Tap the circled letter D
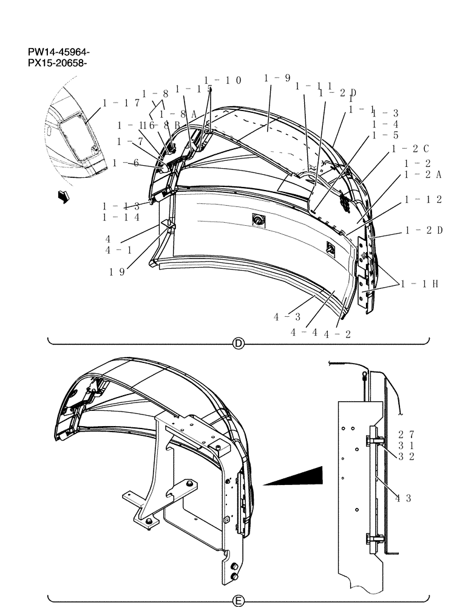click(x=239, y=344)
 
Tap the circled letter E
click(x=239, y=601)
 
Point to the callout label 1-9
click(x=277, y=78)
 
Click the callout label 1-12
click(x=424, y=200)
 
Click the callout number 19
click(x=117, y=272)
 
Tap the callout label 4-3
click(x=286, y=317)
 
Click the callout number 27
click(x=406, y=434)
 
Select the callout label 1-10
click(x=223, y=80)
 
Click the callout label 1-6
click(x=126, y=163)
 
